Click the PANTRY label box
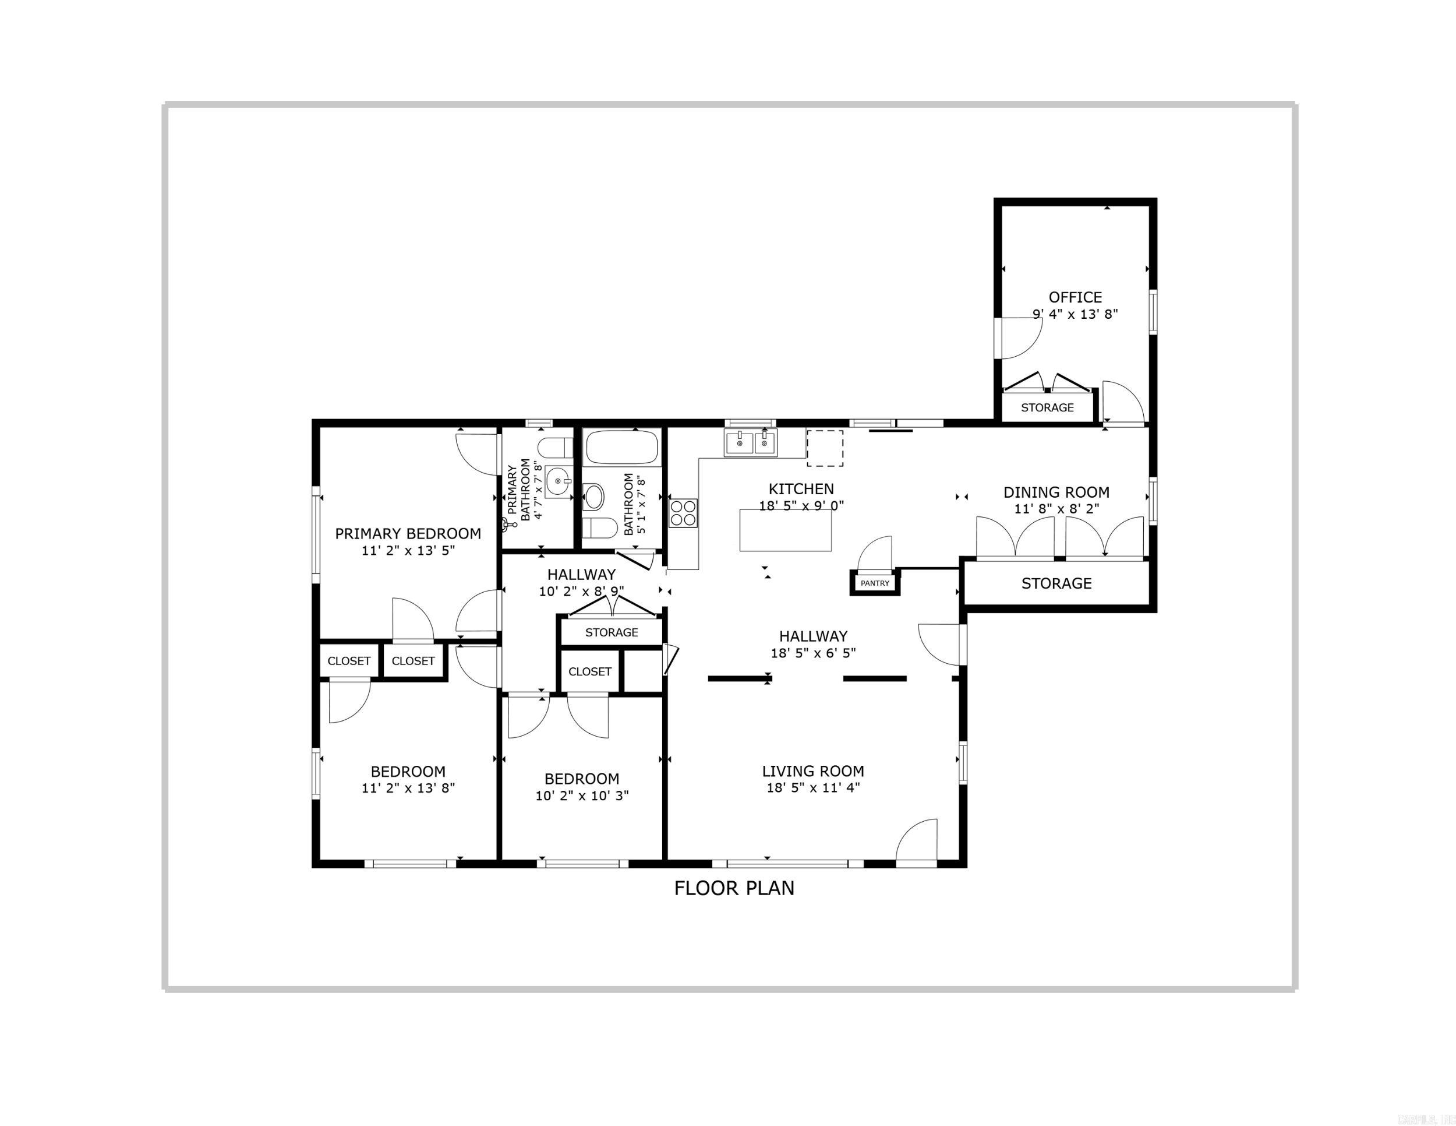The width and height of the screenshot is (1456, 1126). (x=875, y=583)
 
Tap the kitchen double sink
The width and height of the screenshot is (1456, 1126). (x=751, y=443)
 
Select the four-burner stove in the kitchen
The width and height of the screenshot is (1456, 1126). (x=683, y=513)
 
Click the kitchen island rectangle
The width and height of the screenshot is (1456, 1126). (x=785, y=531)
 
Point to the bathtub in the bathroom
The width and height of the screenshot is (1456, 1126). (x=621, y=446)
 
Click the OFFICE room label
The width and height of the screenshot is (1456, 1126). (x=1075, y=297)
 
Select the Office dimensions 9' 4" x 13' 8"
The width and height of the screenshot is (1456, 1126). (x=1075, y=314)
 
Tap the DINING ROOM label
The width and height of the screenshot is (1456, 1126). (x=1056, y=492)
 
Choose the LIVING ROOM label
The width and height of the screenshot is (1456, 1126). (x=812, y=771)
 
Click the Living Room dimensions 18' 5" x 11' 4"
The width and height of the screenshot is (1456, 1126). (x=812, y=788)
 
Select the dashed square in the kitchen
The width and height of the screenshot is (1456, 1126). (x=825, y=448)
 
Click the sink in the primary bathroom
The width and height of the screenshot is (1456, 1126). (x=558, y=481)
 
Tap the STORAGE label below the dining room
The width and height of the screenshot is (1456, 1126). (x=1056, y=583)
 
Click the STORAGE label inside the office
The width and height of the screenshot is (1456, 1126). (x=1047, y=407)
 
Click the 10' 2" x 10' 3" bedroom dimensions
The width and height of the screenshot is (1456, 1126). (x=582, y=796)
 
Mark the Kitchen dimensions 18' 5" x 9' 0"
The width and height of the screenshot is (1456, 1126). (x=801, y=506)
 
